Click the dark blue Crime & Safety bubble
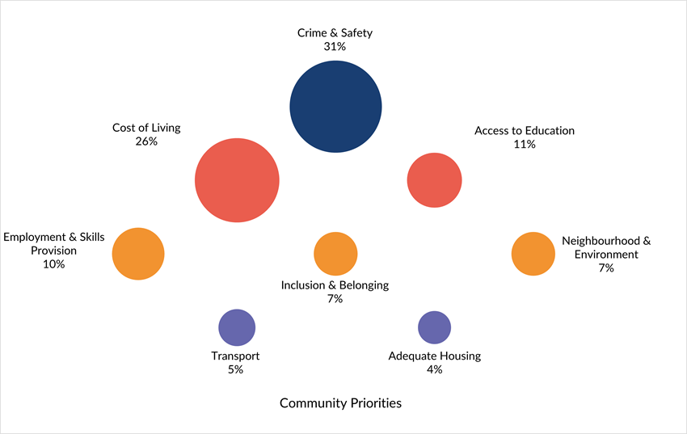335,106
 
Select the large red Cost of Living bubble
237,180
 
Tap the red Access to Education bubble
434,179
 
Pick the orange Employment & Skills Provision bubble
138,254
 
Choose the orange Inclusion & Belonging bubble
335,254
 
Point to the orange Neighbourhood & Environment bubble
533,254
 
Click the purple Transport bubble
237,327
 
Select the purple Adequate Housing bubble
434,327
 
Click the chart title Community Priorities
340,402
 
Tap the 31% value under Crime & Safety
335,47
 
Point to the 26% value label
146,141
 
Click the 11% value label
524,144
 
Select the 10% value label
54,264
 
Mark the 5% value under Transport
235,369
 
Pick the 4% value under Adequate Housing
434,369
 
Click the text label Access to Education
525,130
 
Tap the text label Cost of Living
146,128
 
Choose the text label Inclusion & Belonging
335,285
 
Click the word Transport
235,356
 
